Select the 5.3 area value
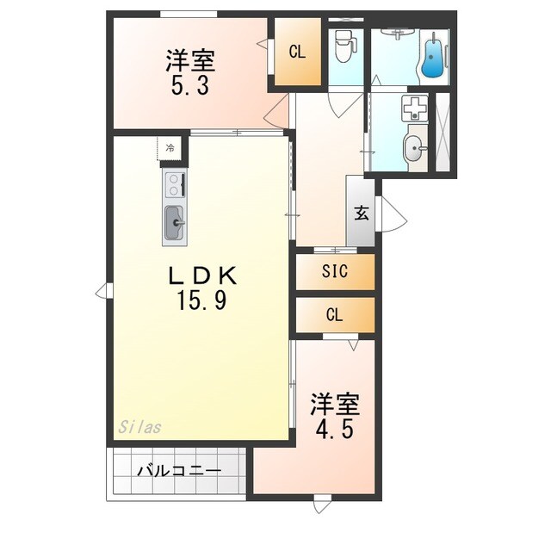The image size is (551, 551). (x=190, y=86)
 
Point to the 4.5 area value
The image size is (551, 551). (x=335, y=428)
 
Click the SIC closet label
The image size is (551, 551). (x=335, y=272)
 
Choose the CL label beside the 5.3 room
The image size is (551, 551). (x=297, y=53)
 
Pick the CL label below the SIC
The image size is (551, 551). (x=335, y=315)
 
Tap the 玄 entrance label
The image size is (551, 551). (x=362, y=214)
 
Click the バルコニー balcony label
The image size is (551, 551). (x=178, y=471)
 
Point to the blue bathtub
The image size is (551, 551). (x=435, y=54)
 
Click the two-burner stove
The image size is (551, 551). (x=173, y=185)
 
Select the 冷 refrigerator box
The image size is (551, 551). (x=170, y=148)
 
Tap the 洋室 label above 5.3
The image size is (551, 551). (x=190, y=60)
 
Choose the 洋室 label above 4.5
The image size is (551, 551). (x=335, y=403)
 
